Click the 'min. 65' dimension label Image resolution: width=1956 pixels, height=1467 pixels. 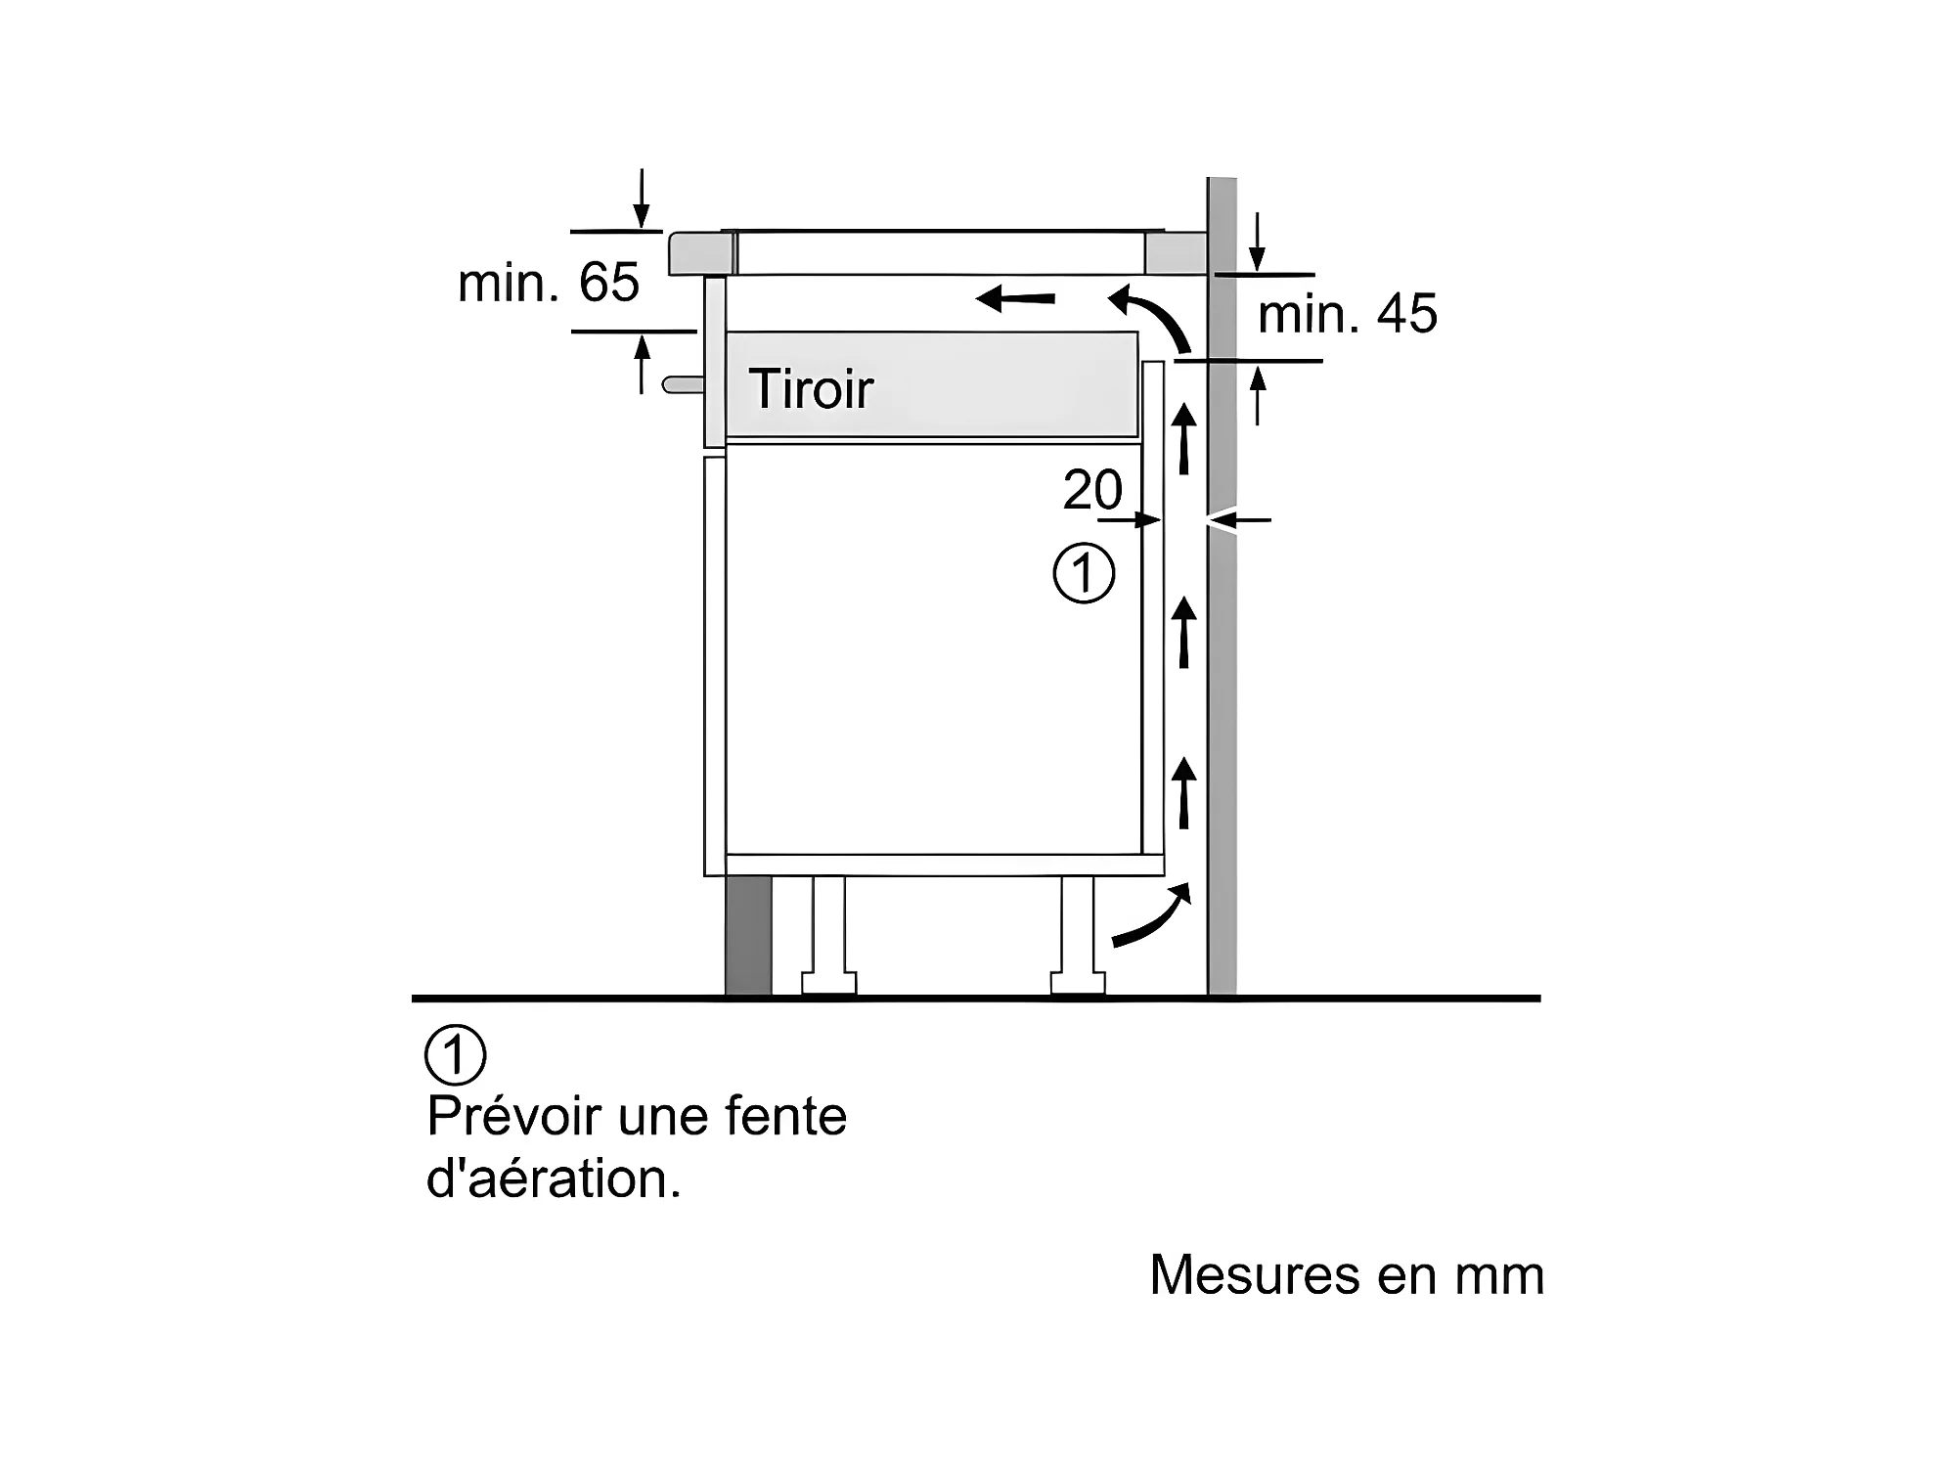pos(548,283)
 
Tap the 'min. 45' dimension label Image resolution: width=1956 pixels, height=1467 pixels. pos(1347,314)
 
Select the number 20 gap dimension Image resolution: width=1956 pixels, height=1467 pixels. pos(1092,489)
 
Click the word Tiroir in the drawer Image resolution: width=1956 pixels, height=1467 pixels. pos(811,389)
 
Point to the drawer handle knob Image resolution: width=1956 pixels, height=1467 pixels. pos(681,384)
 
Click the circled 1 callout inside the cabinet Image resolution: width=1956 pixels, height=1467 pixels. pos(1084,574)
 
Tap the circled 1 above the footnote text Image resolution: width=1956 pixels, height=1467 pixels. pos(455,1054)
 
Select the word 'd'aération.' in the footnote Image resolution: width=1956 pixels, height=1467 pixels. pos(554,1178)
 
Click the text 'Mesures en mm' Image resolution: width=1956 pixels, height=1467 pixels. pos(1346,1274)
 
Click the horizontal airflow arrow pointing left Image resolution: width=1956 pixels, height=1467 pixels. pos(1016,297)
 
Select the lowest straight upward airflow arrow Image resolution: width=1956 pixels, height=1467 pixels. pos(1184,792)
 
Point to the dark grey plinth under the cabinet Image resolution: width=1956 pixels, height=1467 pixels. pos(748,935)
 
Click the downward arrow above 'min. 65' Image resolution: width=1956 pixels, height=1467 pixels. pos(642,200)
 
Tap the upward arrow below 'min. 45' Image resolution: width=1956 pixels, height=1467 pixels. pos(1258,395)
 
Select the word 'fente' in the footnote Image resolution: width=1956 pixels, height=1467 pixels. pos(785,1116)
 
